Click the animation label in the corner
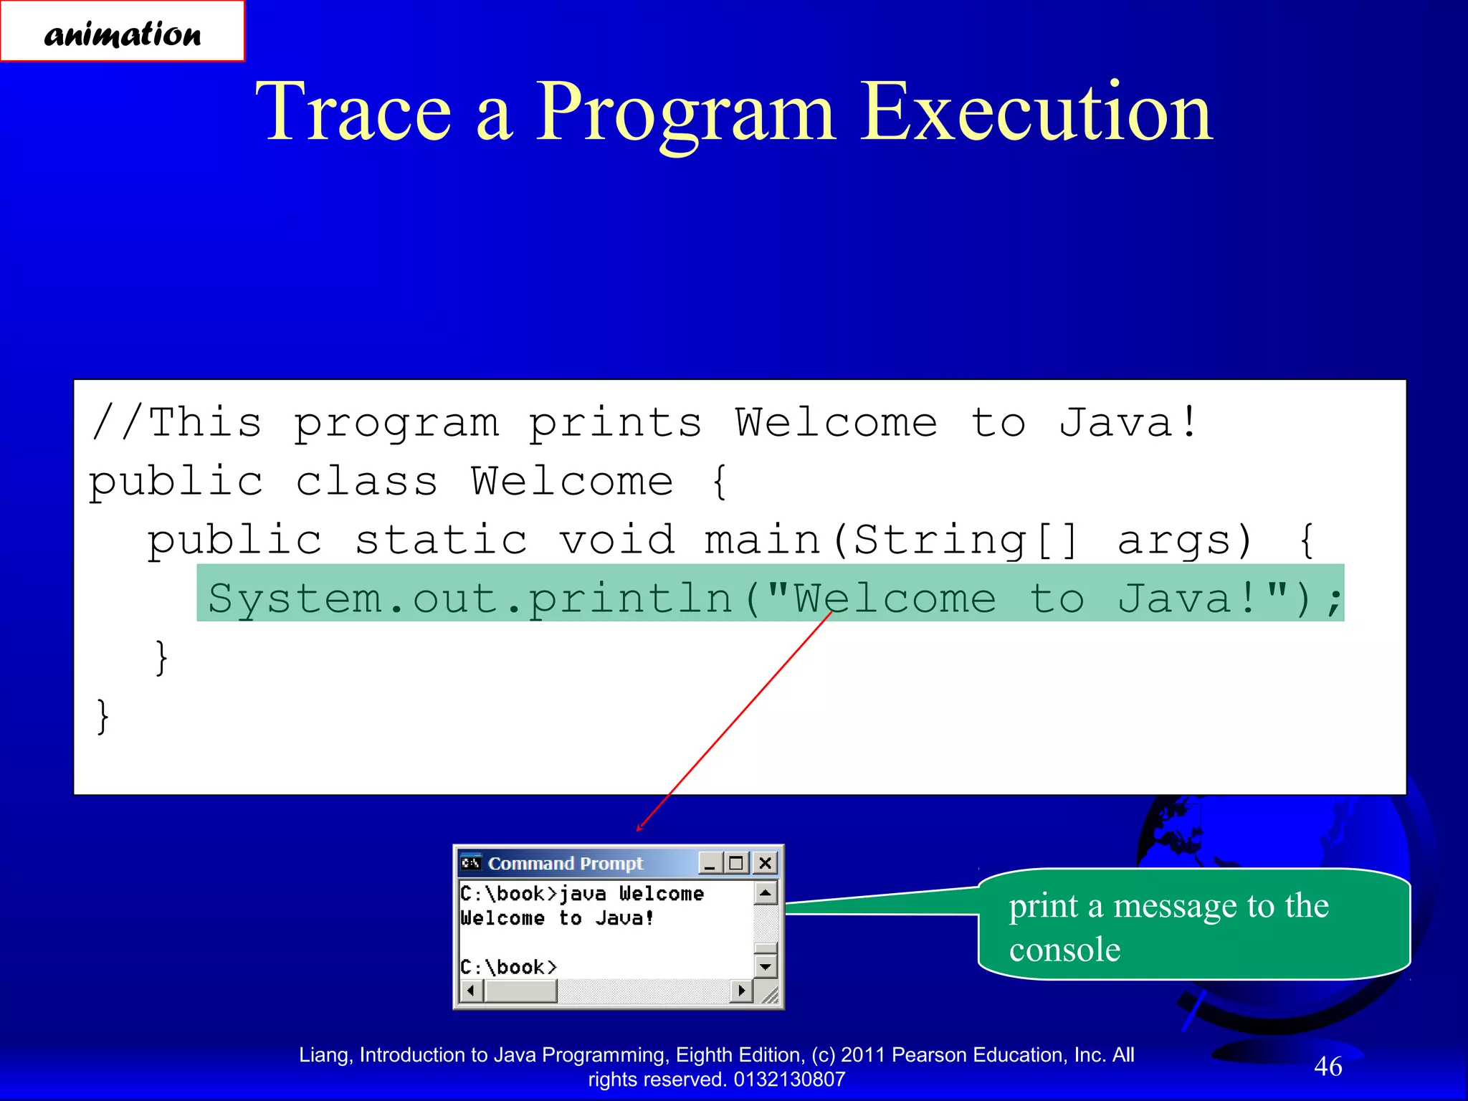122,32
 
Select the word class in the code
366,481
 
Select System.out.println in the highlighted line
470,598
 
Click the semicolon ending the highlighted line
1333,601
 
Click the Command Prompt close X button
765,863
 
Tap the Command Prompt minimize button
710,863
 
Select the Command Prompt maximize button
736,863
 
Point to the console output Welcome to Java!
557,918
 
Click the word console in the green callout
1064,950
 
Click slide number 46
1328,1066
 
